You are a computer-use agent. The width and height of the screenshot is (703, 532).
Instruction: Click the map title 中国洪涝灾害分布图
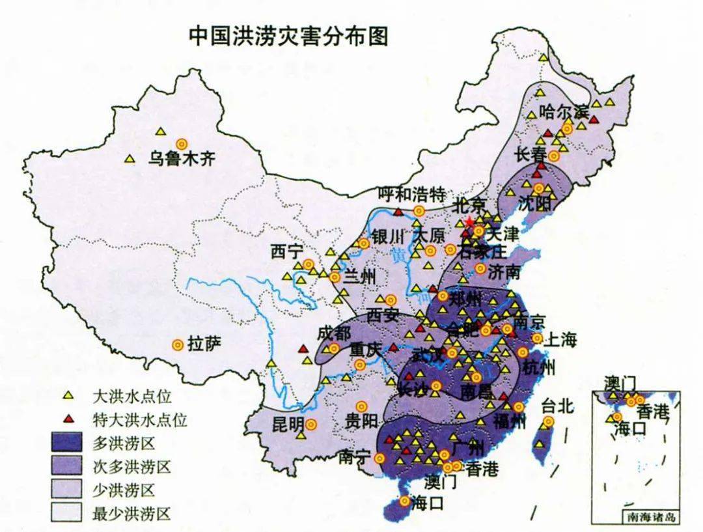click(288, 36)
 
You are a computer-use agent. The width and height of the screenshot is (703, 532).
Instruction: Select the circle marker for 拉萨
click(176, 344)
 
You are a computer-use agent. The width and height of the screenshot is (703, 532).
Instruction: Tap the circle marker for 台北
click(548, 422)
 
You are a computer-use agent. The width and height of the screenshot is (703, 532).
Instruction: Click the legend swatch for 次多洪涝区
click(68, 466)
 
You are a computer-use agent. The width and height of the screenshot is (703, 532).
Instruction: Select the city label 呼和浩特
click(413, 194)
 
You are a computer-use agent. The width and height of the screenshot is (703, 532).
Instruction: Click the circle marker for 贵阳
click(361, 406)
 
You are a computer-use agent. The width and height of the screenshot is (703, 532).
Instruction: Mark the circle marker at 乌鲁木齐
click(182, 144)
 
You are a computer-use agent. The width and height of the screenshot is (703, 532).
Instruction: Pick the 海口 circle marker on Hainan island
click(405, 501)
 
